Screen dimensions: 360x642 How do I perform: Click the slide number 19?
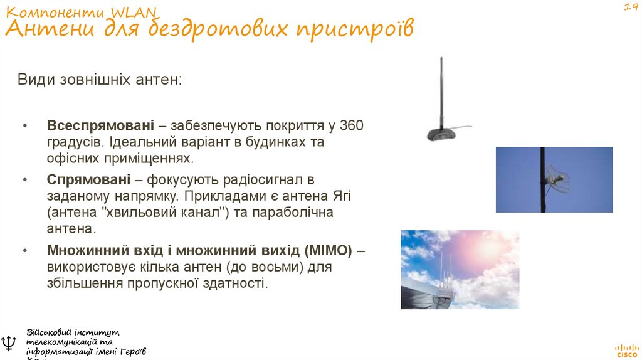click(x=629, y=7)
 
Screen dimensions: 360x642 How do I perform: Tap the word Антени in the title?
click(x=42, y=28)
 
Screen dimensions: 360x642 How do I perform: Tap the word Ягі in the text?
click(x=341, y=196)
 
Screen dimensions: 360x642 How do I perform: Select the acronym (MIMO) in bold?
click(x=329, y=251)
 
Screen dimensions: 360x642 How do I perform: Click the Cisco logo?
click(x=625, y=349)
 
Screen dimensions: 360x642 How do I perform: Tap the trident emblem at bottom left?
click(x=9, y=342)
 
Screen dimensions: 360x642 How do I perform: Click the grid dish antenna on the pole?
click(x=557, y=179)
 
